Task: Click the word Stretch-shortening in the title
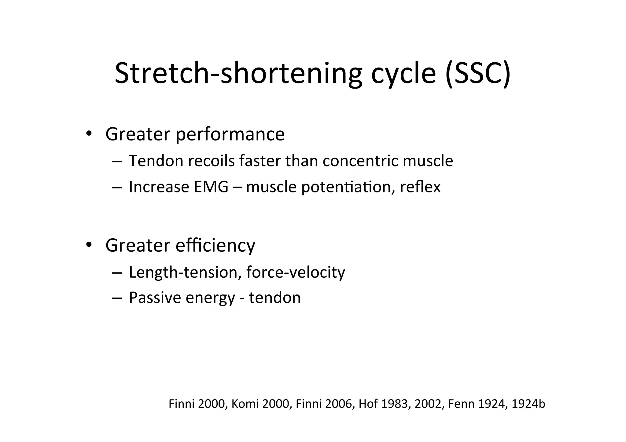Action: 238,73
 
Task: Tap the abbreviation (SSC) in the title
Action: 478,73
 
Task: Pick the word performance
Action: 230,134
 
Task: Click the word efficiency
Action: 215,245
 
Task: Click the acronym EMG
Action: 211,187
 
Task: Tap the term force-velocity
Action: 296,272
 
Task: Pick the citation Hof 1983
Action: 384,404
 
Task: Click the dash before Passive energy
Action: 117,298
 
